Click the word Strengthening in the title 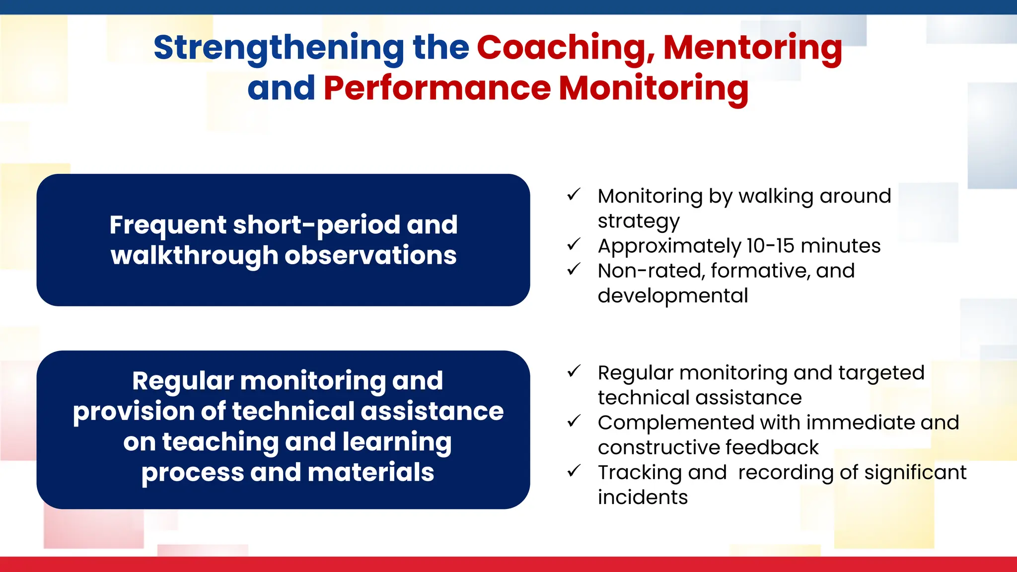click(x=279, y=48)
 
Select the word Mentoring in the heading click(x=753, y=48)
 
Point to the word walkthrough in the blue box click(x=194, y=256)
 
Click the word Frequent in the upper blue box click(x=167, y=225)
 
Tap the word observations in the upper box click(x=370, y=256)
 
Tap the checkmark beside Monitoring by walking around click(x=574, y=195)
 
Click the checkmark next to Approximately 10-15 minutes click(x=574, y=244)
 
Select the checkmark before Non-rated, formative click(x=574, y=270)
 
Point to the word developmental click(x=672, y=296)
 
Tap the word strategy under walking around click(x=638, y=221)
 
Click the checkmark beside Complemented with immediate click(x=574, y=421)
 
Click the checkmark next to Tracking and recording click(x=574, y=471)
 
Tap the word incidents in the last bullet click(x=643, y=498)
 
